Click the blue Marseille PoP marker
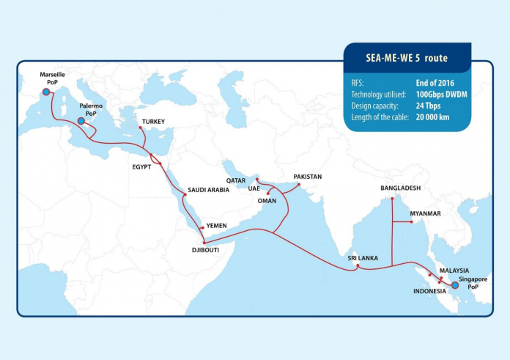click(46, 92)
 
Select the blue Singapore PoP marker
click(455, 285)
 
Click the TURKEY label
click(154, 121)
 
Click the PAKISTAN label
click(308, 177)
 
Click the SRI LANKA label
click(362, 258)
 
